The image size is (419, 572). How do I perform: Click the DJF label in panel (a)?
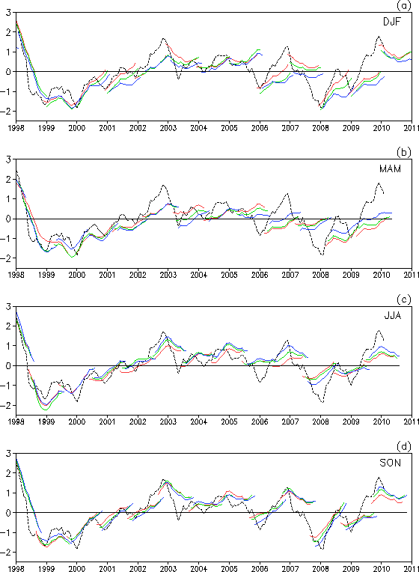tap(391, 22)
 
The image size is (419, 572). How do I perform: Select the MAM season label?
tap(390, 169)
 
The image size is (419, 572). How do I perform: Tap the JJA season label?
tap(392, 315)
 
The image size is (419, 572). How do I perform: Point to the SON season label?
tap(390, 463)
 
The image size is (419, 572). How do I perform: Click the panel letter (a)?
tap(404, 5)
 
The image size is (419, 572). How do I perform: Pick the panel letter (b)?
tap(404, 152)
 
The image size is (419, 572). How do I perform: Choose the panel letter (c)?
tap(404, 299)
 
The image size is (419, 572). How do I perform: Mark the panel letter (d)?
tap(404, 446)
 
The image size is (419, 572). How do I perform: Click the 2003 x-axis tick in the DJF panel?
tap(168, 128)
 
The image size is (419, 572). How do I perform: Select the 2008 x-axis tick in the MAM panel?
tap(320, 275)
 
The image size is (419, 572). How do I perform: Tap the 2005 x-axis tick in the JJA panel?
tap(229, 422)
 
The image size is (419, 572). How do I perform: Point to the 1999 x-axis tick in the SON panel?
tap(46, 569)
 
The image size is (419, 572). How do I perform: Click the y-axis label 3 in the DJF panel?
tap(8, 13)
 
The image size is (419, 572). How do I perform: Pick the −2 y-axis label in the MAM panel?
tap(7, 258)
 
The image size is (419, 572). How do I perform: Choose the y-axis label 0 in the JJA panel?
tap(8, 366)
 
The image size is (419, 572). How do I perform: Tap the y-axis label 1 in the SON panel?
tap(9, 493)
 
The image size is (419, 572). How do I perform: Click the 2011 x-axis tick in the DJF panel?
tap(412, 128)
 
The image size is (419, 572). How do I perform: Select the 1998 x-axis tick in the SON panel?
tap(16, 569)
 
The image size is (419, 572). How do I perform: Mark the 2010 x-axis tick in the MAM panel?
tap(381, 275)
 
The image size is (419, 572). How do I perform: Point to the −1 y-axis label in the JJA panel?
tap(7, 386)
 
